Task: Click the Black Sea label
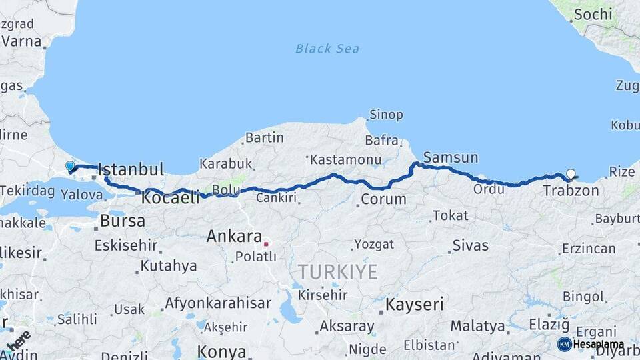pos(327,49)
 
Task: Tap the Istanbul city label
pos(131,170)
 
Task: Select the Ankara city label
pos(233,236)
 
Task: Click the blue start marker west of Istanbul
pos(70,166)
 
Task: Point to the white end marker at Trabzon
pos(570,175)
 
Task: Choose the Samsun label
pos(451,158)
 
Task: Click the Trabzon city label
pos(571,191)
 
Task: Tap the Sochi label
pos(593,14)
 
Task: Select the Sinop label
pos(386,115)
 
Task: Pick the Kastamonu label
pos(345,160)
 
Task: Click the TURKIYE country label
pos(337,271)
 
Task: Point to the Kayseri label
pos(415,305)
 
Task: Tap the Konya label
pos(221,351)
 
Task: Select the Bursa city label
pos(123,221)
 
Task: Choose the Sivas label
pos(471,245)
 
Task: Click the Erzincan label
pos(589,249)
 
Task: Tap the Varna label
pos(21,41)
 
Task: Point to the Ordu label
pos(489,189)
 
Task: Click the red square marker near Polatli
pos(265,244)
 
